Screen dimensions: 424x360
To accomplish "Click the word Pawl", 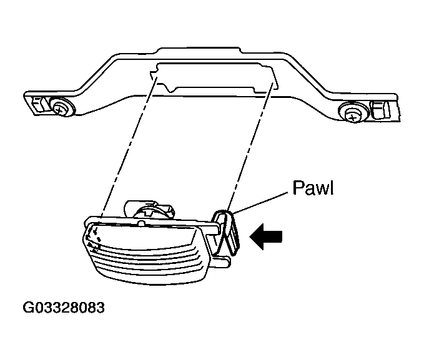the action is (313, 188).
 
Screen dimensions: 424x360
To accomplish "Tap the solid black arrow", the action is (266, 236).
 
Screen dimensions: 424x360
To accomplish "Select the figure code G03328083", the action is (64, 308).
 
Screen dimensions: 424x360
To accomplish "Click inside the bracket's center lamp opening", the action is (214, 75).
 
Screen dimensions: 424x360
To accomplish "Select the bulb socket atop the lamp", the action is (148, 210).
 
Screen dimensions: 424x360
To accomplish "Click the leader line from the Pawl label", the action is (260, 203).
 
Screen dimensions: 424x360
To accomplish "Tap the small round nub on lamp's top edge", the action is (141, 223).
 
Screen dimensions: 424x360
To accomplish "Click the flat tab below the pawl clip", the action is (222, 262).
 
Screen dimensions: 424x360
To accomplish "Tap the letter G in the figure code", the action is (28, 308).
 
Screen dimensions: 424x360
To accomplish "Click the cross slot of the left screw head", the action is (59, 109).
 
